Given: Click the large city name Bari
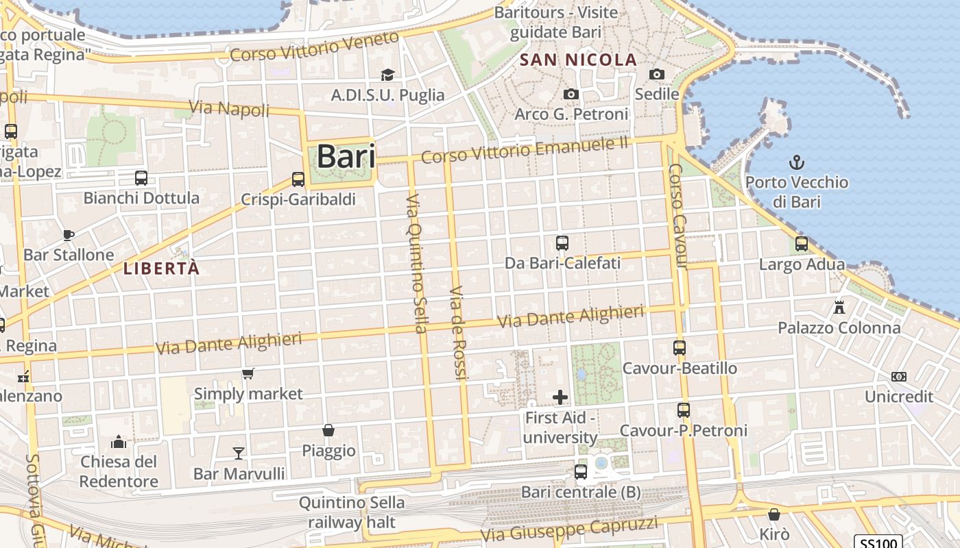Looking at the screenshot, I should pyautogui.click(x=346, y=156).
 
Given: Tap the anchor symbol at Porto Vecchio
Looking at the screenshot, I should pyautogui.click(x=796, y=163).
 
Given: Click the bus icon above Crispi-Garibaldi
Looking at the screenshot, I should pyautogui.click(x=298, y=179).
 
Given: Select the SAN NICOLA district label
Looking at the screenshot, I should pyautogui.click(x=578, y=60).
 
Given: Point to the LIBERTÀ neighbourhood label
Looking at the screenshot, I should pyautogui.click(x=161, y=269).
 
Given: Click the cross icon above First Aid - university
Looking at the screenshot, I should pyautogui.click(x=560, y=397).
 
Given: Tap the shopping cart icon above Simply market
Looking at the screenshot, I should pyautogui.click(x=248, y=374).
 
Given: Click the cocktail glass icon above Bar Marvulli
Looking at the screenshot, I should pyautogui.click(x=238, y=453).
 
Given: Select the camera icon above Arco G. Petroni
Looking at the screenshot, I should pyautogui.click(x=571, y=95).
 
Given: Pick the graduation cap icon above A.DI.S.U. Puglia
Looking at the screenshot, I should pyautogui.click(x=387, y=75).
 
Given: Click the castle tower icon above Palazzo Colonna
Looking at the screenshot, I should pyautogui.click(x=839, y=307).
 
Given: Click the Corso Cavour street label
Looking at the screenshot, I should pyautogui.click(x=677, y=216).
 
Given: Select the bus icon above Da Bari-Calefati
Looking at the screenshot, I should pyautogui.click(x=562, y=242).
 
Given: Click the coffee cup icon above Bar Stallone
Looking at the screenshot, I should pyautogui.click(x=68, y=235).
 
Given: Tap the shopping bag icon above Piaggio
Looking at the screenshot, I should pyautogui.click(x=328, y=430).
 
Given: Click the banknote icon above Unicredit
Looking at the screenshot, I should pyautogui.click(x=898, y=377).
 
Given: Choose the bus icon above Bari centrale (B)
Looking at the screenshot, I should pyautogui.click(x=580, y=471).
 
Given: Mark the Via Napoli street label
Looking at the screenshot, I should pyautogui.click(x=228, y=108).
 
